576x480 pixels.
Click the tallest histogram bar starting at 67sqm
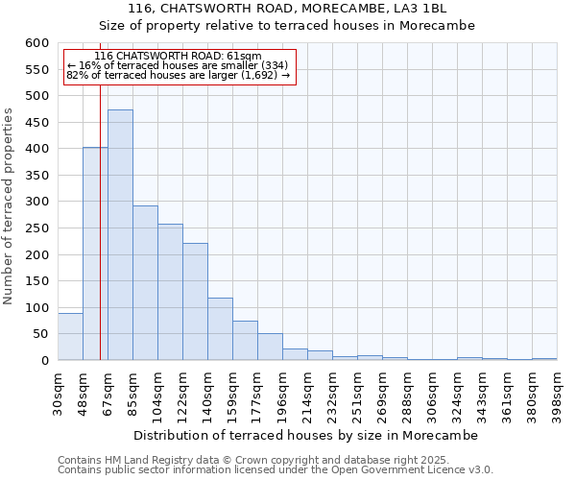point(120,235)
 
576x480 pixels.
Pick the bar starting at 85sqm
point(145,283)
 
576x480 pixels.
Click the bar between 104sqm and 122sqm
point(170,292)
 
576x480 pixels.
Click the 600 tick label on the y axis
point(36,43)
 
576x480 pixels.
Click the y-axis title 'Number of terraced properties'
point(10,206)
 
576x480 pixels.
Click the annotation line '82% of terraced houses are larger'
point(178,75)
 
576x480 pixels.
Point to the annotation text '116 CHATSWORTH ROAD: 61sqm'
point(178,57)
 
